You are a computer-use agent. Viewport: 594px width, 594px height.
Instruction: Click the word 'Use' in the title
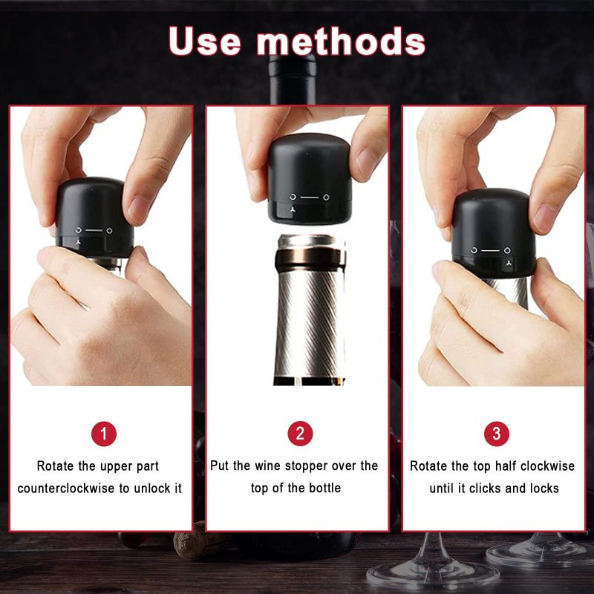[205, 41]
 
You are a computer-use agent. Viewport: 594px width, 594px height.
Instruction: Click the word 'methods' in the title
[341, 41]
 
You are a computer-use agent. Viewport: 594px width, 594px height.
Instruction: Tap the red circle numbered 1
[104, 434]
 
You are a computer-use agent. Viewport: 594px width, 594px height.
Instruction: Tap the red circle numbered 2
[300, 434]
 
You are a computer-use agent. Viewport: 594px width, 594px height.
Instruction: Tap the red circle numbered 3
[497, 434]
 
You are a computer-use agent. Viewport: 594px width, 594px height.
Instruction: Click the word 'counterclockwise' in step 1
[66, 489]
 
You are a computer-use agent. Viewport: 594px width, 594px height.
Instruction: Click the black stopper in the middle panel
[310, 178]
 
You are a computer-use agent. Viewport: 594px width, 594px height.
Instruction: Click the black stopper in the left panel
[94, 217]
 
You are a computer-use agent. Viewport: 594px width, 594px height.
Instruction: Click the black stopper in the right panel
[494, 232]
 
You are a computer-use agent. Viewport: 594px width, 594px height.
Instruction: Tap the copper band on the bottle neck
[310, 257]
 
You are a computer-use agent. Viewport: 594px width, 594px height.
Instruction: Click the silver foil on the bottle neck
[310, 322]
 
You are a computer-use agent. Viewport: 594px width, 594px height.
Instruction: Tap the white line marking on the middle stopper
[310, 198]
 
